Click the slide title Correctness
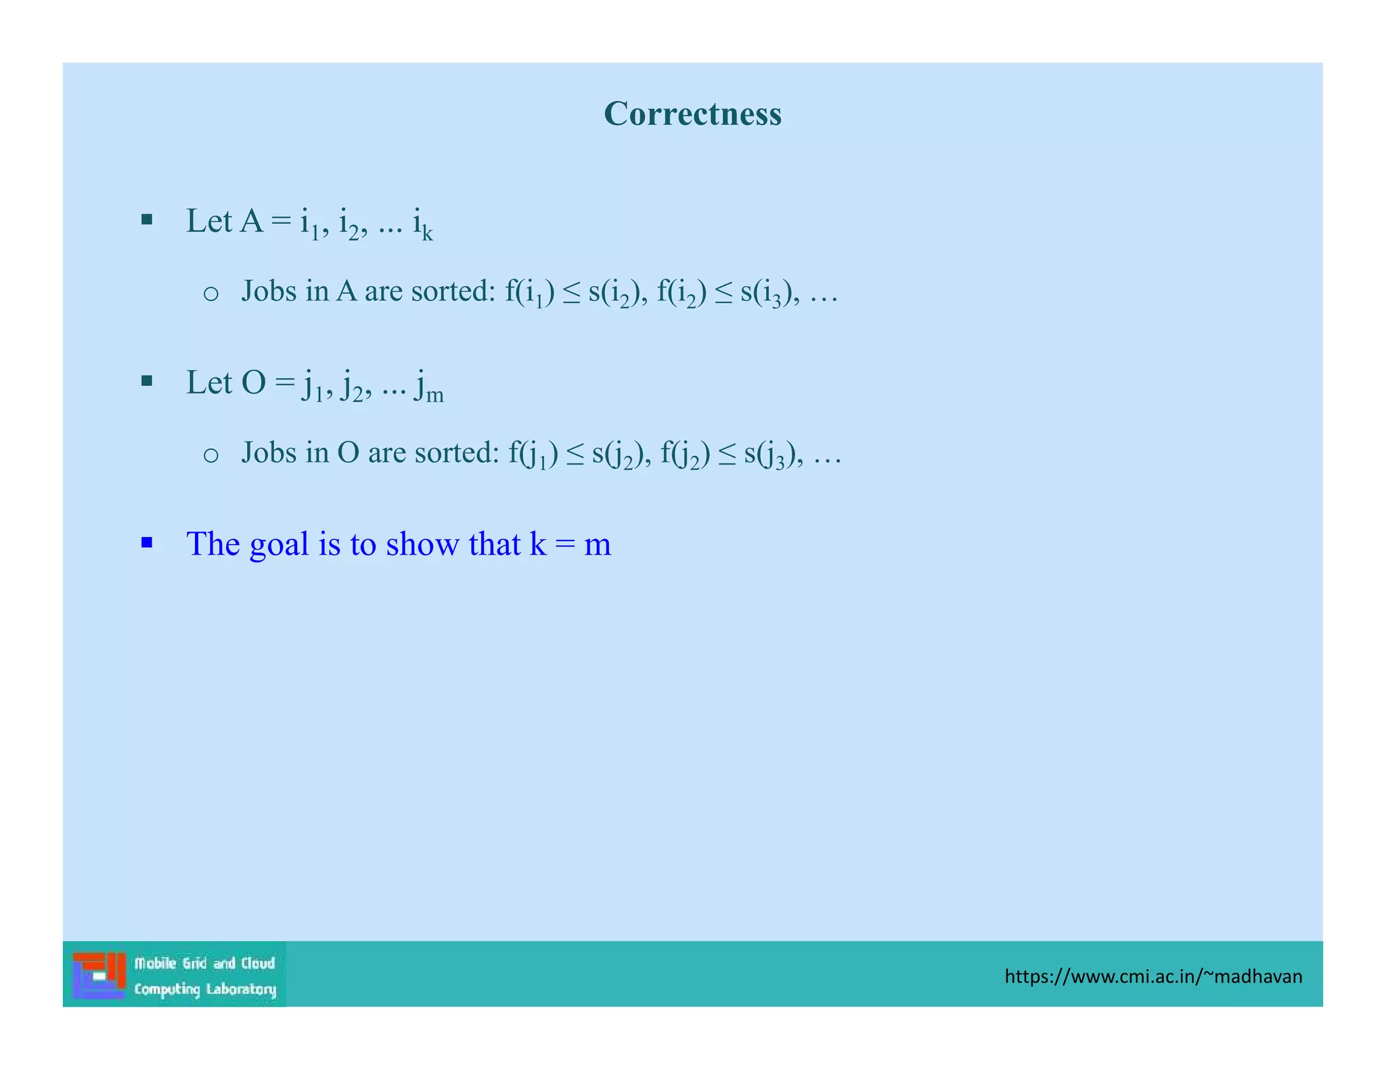tap(692, 114)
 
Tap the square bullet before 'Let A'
tap(147, 219)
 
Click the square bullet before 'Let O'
tap(147, 381)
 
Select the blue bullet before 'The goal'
tap(147, 542)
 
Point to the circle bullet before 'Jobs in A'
tap(210, 294)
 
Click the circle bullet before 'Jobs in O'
tap(210, 455)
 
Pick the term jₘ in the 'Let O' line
tap(429, 386)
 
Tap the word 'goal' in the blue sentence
tap(279, 545)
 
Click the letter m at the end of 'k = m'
tap(598, 545)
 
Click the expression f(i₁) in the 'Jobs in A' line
tap(530, 293)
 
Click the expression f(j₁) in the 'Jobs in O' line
tap(533, 455)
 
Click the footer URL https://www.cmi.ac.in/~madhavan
tap(1153, 976)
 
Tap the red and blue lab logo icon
tap(99, 975)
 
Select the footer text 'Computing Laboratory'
tap(205, 990)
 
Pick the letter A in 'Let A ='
tap(251, 221)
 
